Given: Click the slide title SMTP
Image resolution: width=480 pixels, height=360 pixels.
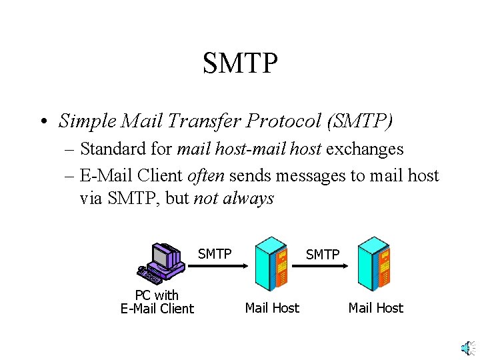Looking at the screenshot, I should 240,63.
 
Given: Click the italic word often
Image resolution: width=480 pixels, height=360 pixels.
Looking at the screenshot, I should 207,175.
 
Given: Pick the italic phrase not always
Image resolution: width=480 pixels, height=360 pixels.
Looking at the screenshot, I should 233,199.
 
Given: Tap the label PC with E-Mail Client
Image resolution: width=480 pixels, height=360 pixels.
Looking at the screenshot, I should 157,301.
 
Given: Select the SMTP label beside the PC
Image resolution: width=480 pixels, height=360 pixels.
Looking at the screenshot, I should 215,254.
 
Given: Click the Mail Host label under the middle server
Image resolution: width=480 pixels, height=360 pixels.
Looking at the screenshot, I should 272,308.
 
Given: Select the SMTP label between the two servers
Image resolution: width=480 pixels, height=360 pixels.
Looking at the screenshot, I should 322,255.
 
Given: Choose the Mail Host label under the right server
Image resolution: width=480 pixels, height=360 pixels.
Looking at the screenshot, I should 376,308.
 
